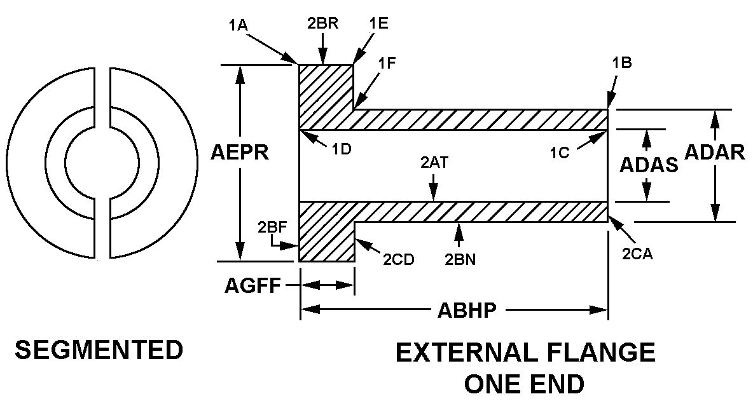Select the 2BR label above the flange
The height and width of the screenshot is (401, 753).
click(x=322, y=24)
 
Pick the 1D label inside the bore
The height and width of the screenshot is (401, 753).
click(x=342, y=149)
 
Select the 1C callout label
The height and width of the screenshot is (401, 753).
click(x=562, y=153)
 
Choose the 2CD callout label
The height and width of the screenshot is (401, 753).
click(x=398, y=259)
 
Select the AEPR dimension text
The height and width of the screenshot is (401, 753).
click(x=240, y=154)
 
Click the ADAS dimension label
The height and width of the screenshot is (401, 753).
click(x=648, y=165)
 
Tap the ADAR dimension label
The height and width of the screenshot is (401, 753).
click(x=715, y=153)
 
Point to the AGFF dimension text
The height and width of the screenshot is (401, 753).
click(x=252, y=286)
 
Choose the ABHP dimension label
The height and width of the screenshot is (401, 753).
click(x=467, y=311)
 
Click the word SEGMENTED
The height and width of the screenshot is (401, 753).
click(x=99, y=350)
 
